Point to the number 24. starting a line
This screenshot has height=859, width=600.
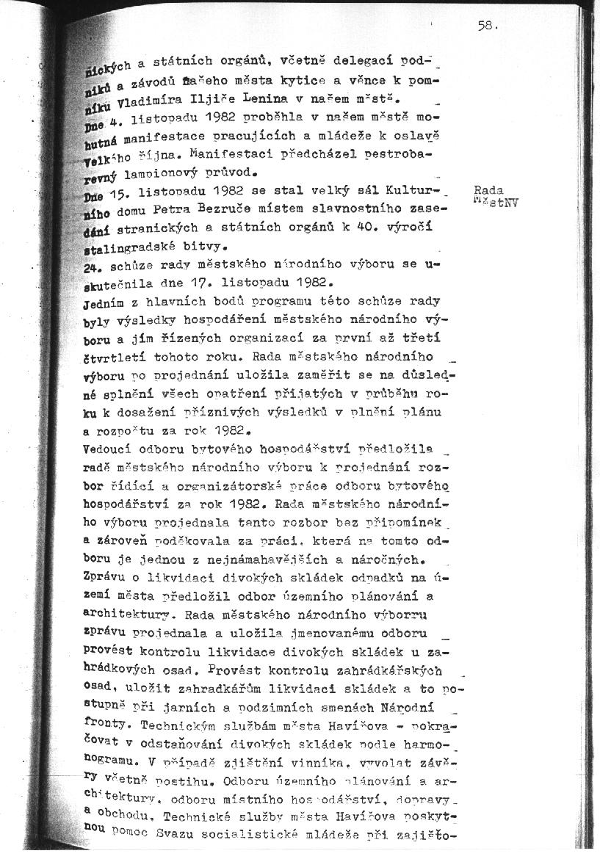click(x=93, y=266)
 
